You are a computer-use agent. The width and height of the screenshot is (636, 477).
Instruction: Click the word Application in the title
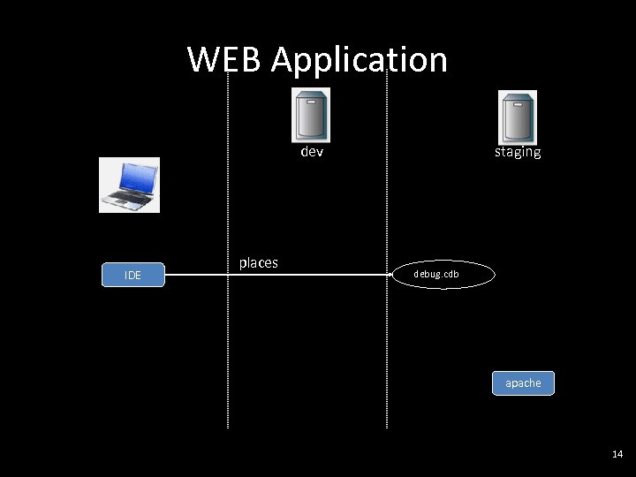click(360, 61)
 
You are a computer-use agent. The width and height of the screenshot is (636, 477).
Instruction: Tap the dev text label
click(312, 152)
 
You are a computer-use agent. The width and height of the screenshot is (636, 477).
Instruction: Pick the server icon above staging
click(518, 117)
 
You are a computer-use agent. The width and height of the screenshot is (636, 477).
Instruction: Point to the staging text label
click(518, 152)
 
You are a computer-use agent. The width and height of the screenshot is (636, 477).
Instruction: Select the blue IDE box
click(133, 275)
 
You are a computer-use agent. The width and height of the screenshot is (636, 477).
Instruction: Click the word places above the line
click(259, 262)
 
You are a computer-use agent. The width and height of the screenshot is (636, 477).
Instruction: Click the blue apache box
click(523, 382)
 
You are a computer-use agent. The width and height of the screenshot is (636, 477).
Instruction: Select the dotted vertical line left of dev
click(228, 336)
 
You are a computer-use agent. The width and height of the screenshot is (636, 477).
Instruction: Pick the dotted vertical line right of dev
click(387, 336)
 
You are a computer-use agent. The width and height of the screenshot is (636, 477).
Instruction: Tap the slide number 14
click(617, 454)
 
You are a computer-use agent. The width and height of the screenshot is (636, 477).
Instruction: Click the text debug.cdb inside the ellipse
click(436, 274)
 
